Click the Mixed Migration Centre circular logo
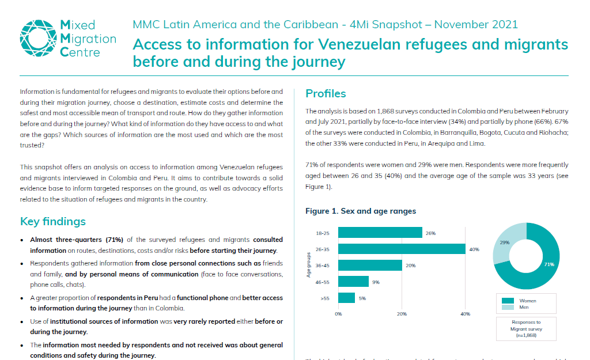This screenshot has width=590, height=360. (x=37, y=38)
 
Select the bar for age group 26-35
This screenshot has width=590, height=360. (x=402, y=249)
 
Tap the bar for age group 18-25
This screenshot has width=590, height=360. (x=380, y=233)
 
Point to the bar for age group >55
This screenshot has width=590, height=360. (x=346, y=298)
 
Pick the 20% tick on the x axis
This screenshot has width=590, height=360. (x=402, y=314)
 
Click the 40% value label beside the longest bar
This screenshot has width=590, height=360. (x=474, y=249)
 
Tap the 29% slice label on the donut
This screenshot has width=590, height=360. (x=504, y=242)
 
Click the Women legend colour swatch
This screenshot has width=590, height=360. (x=508, y=301)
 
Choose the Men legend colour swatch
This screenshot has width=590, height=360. (x=508, y=308)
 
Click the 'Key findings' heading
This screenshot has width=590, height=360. (x=53, y=222)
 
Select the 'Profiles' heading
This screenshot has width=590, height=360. (x=326, y=94)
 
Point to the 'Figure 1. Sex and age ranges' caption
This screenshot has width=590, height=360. (x=361, y=211)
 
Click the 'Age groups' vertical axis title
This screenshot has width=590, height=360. (x=309, y=265)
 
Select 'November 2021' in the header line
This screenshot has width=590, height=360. (x=476, y=24)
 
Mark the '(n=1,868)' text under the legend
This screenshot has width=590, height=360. (x=525, y=335)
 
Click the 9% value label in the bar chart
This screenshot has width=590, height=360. (x=376, y=282)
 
